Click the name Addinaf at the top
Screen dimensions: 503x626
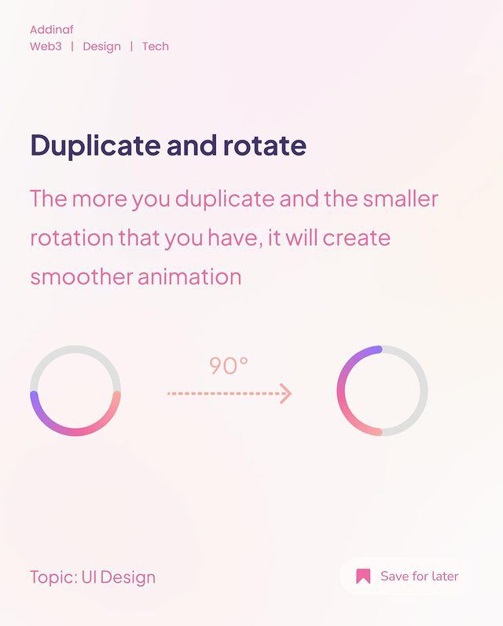(x=52, y=30)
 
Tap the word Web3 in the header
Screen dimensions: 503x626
(x=46, y=46)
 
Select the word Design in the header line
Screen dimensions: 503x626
(x=102, y=46)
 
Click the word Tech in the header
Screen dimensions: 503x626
(x=156, y=46)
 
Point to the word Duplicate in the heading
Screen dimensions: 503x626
(x=96, y=145)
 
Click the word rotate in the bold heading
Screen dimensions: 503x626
(x=265, y=145)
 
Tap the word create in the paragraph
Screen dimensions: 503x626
(x=356, y=238)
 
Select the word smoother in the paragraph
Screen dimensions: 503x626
(x=82, y=276)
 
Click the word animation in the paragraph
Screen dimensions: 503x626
(x=189, y=276)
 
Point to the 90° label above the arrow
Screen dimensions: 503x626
(x=229, y=365)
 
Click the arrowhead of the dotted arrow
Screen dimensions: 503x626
(x=285, y=394)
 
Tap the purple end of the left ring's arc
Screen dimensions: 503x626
(x=35, y=395)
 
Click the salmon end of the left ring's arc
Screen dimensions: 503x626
(x=116, y=396)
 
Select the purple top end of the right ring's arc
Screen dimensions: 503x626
(x=378, y=350)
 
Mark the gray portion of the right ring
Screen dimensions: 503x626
(x=424, y=390)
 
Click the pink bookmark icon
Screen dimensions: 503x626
(x=363, y=576)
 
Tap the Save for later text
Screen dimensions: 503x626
(x=420, y=576)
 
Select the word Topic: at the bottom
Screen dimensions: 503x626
(x=54, y=577)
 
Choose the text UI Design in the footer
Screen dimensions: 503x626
(x=119, y=577)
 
